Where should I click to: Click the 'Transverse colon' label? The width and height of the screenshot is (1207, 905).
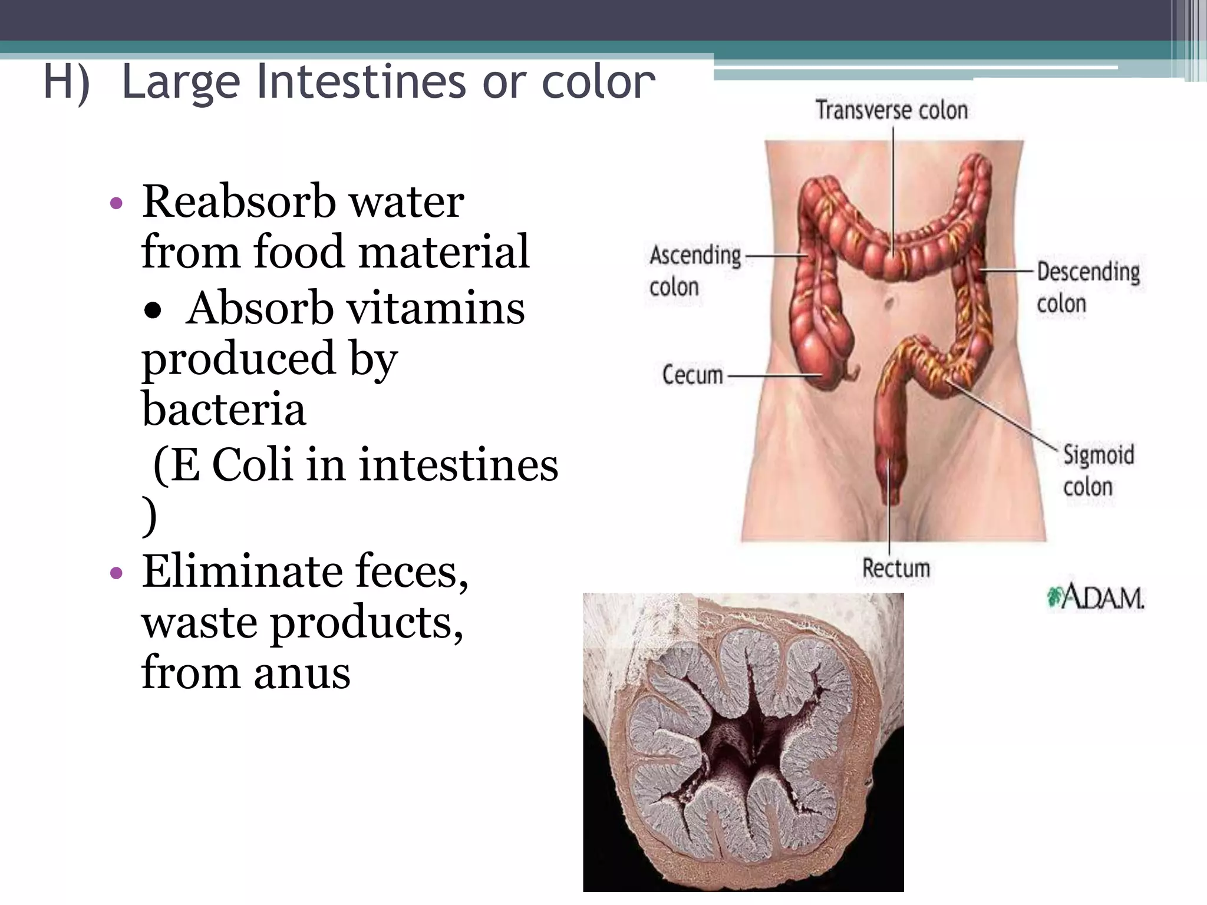891,110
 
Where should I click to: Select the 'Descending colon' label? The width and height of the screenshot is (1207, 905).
1088,288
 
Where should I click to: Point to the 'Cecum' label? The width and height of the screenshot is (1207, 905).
692,375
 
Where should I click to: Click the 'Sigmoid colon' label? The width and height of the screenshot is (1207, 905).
1098,470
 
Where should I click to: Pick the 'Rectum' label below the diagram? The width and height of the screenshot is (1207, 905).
896,569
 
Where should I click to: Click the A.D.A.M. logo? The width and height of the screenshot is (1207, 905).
1096,598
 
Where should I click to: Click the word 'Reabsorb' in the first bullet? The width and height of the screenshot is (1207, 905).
239,202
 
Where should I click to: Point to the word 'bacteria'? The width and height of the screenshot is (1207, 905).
224,409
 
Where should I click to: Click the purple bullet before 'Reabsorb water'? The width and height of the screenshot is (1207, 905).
116,204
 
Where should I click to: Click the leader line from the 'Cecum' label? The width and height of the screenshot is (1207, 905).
772,375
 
